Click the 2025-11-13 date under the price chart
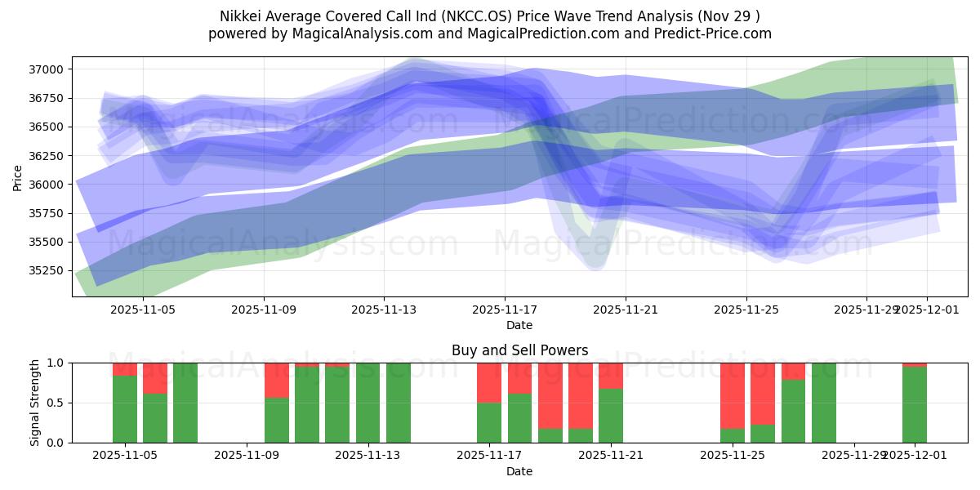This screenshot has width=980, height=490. click(384, 310)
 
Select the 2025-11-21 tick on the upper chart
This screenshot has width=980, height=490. click(626, 310)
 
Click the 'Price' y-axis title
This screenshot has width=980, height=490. click(17, 176)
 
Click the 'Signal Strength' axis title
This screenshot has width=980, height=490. click(35, 403)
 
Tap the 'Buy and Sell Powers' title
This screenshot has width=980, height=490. click(519, 350)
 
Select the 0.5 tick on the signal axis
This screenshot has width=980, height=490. click(56, 403)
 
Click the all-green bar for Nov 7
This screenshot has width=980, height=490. click(185, 403)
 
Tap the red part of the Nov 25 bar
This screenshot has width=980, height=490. click(733, 395)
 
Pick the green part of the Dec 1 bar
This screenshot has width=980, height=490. click(915, 405)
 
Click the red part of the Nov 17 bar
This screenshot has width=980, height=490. click(489, 382)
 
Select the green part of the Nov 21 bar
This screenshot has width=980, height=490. click(611, 416)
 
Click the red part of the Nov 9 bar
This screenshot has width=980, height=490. click(277, 380)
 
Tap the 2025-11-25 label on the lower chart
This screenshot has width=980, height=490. click(733, 456)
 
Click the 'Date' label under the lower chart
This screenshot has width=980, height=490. click(519, 471)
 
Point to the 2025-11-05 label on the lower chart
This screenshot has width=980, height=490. click(125, 456)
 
